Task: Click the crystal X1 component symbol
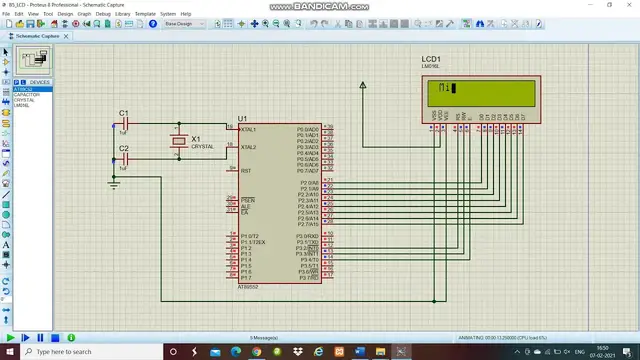(x=177, y=143)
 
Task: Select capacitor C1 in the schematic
(x=125, y=123)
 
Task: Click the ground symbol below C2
(x=113, y=183)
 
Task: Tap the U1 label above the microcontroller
(x=242, y=118)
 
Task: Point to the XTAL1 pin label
(x=249, y=129)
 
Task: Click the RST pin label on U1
(x=246, y=170)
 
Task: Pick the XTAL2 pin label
(x=249, y=147)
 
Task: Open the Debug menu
(x=103, y=13)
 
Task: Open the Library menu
(x=123, y=13)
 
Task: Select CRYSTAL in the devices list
(x=24, y=100)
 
